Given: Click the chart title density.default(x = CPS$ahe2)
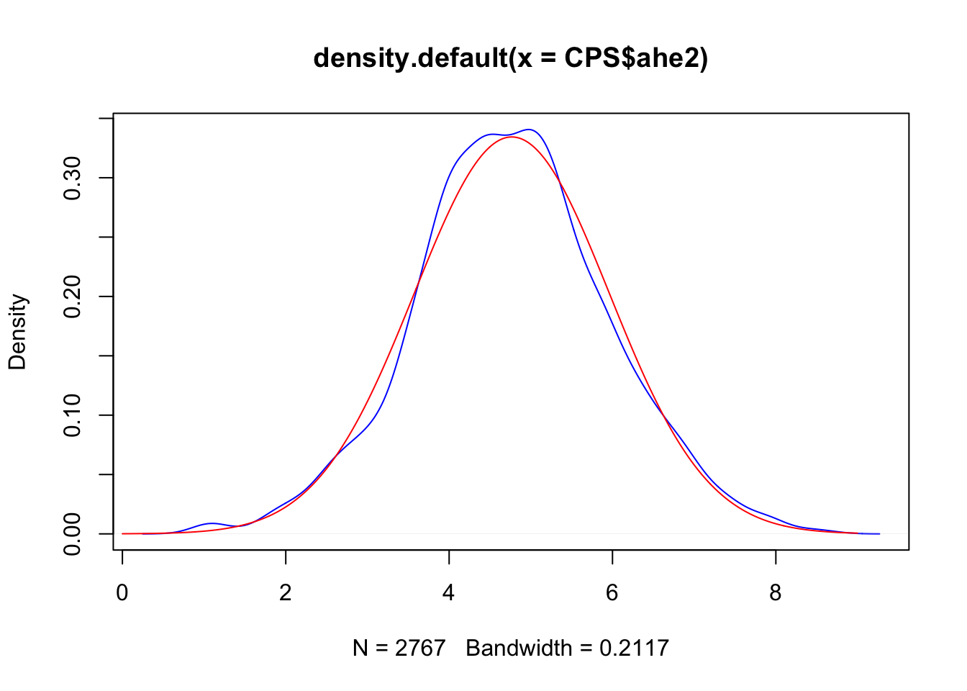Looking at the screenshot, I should (511, 58).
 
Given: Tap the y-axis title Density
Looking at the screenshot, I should (17, 332).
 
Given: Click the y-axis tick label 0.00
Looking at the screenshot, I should (72, 533).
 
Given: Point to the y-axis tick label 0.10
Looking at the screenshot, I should (72, 415).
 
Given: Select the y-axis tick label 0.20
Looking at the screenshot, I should (72, 297).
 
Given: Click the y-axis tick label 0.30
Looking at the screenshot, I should (72, 178).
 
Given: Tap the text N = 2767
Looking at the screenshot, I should (399, 648).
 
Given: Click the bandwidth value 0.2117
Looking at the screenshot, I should (634, 648).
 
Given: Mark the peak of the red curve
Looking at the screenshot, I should (511, 137).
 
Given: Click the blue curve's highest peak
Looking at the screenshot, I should (530, 130).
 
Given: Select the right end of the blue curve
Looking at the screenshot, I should (879, 533).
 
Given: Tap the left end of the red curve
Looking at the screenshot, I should (123, 533).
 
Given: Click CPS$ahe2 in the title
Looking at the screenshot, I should (632, 58).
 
